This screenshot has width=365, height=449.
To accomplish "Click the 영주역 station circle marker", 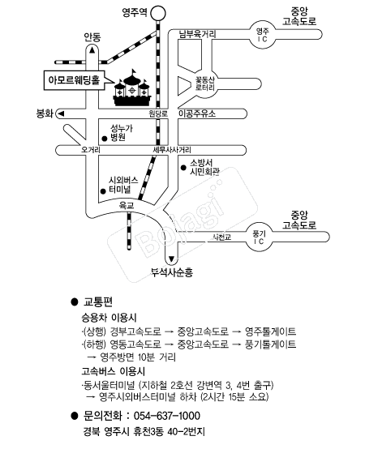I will pyautogui.click(x=159, y=12).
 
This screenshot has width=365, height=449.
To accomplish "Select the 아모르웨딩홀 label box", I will pyautogui.click(x=74, y=80).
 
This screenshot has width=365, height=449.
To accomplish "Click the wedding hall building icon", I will pyautogui.click(x=129, y=91).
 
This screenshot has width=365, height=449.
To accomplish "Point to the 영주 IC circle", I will pyautogui.click(x=261, y=34).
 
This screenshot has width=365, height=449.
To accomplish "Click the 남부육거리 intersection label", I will pyautogui.click(x=197, y=34).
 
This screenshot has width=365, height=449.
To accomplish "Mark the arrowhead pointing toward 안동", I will pyautogui.click(x=92, y=50).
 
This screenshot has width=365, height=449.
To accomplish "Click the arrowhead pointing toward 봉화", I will pyautogui.click(x=58, y=114).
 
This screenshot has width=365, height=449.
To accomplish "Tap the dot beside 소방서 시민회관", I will pyautogui.click(x=182, y=168).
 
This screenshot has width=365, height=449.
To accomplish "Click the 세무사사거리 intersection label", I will pyautogui.click(x=170, y=150).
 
